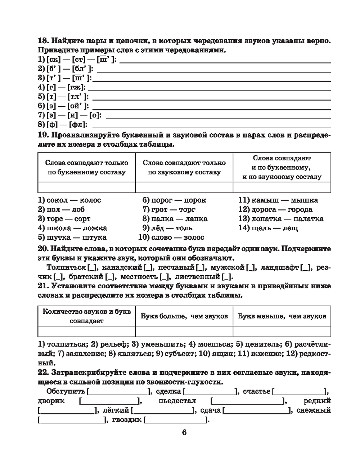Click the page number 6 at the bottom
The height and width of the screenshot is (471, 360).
[x=184, y=432]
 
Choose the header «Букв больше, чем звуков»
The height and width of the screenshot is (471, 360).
[x=184, y=316]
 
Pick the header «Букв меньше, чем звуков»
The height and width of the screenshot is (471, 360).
[x=282, y=316]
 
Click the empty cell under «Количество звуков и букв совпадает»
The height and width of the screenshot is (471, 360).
[x=86, y=331]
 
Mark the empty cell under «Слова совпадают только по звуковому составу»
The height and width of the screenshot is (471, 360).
[x=184, y=187]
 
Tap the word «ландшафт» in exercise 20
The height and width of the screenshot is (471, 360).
[x=280, y=267]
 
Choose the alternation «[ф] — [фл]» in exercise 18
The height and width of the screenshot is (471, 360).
[x=63, y=125]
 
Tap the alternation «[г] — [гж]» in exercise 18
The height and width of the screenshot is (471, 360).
[x=62, y=87]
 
